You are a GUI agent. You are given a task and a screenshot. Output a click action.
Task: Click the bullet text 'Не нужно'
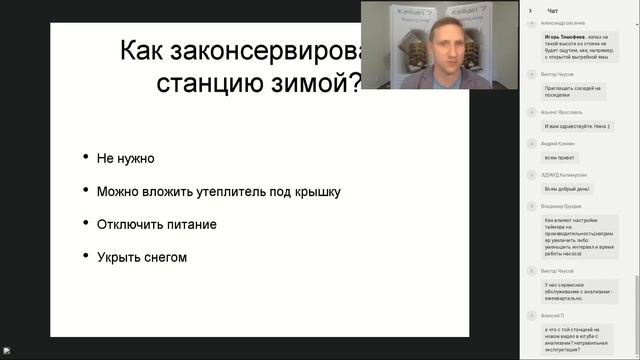pyautogui.click(x=126, y=158)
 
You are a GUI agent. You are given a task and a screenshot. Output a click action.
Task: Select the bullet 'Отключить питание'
pyautogui.click(x=156, y=224)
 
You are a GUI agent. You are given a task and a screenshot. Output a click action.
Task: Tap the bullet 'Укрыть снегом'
pyautogui.click(x=142, y=257)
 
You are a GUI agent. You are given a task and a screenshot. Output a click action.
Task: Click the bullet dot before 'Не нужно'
pyautogui.click(x=85, y=159)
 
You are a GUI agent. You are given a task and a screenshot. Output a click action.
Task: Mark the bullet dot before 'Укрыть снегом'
pyautogui.click(x=85, y=258)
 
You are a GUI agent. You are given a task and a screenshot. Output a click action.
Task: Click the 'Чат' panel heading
pyautogui.click(x=553, y=10)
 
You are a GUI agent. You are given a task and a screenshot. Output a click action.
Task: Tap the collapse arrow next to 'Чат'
pyautogui.click(x=536, y=10)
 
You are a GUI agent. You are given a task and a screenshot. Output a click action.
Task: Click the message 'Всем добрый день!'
pyautogui.click(x=567, y=189)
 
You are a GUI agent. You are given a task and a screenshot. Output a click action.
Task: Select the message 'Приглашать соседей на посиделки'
pyautogui.click(x=571, y=91)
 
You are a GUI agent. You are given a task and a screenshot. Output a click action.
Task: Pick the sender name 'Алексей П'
pyautogui.click(x=551, y=313)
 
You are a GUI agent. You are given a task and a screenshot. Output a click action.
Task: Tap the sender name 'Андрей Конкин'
pyautogui.click(x=556, y=144)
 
